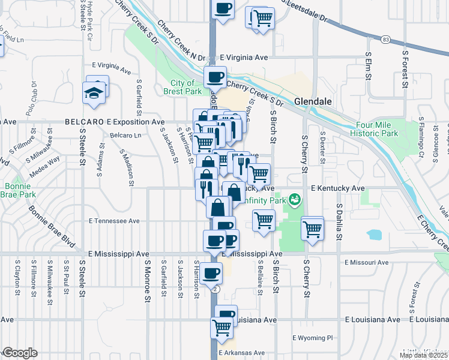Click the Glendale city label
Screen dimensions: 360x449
313,102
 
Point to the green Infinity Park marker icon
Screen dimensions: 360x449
294,199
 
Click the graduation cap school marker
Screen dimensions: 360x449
94,93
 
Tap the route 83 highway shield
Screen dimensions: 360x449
385,40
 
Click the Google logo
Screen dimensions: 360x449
20,353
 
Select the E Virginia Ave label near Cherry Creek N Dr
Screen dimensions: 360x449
244,58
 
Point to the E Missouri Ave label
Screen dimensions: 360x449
367,262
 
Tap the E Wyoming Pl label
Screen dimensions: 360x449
312,338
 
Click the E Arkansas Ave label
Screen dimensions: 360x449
242,353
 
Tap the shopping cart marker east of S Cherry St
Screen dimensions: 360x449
312,229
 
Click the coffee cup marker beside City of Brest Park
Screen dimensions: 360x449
214,77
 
